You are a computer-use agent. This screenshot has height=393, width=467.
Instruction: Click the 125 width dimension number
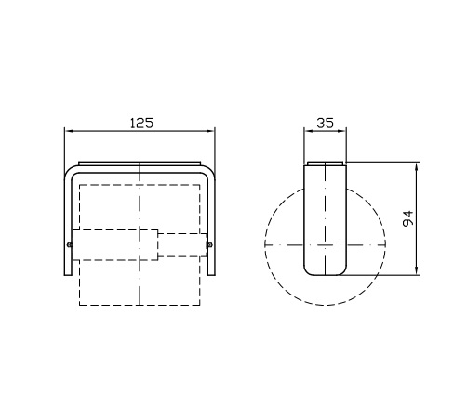(141, 123)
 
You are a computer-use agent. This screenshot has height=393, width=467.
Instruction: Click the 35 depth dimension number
(325, 123)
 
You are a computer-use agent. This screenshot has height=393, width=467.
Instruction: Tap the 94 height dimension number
(408, 218)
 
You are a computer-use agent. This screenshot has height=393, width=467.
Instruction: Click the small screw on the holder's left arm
(70, 245)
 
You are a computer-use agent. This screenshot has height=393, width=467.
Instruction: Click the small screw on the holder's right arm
(209, 245)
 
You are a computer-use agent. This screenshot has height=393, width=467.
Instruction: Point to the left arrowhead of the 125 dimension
(69, 131)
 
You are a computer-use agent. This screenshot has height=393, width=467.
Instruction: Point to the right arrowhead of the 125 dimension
(211, 131)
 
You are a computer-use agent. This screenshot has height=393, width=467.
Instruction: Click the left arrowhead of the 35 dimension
(308, 131)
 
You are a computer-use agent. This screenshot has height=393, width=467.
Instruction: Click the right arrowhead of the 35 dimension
(342, 131)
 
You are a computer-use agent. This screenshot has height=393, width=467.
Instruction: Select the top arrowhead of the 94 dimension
(417, 165)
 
